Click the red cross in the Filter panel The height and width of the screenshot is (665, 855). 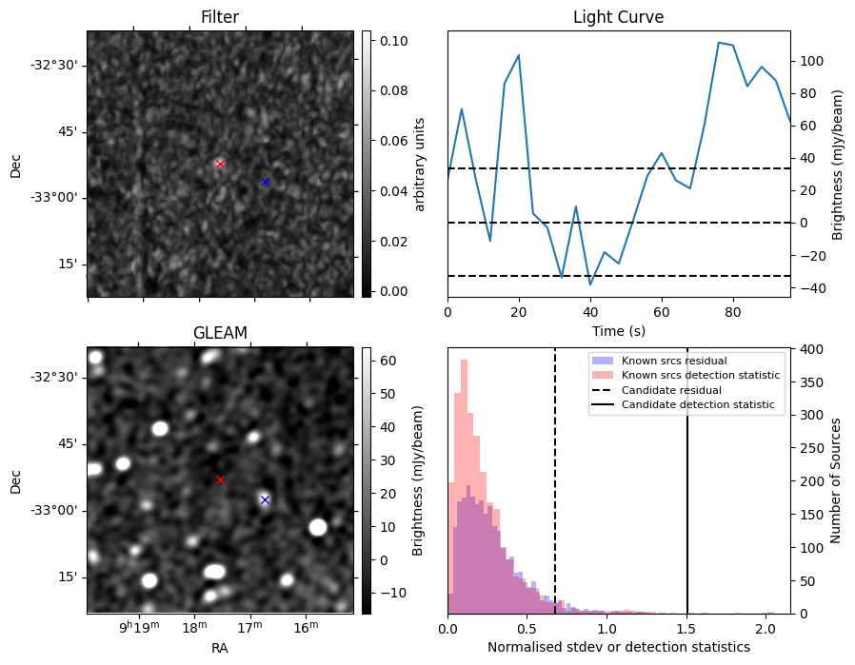point(220,164)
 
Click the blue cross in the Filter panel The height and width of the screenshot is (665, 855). point(265,182)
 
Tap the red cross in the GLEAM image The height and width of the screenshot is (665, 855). point(220,479)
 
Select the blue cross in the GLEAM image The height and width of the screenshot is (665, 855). point(265,499)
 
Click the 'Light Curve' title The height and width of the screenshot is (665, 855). point(618,17)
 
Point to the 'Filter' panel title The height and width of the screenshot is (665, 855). point(220,17)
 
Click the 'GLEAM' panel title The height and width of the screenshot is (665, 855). point(220,332)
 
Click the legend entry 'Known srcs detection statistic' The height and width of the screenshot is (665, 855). point(700,375)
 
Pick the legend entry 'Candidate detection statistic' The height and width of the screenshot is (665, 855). point(697,405)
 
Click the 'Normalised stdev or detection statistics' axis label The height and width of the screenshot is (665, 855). point(618,647)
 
